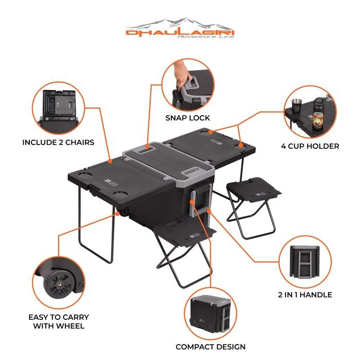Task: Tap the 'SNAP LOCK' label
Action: (187, 118)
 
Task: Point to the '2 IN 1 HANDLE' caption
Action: (305, 295)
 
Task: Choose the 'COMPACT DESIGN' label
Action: (210, 347)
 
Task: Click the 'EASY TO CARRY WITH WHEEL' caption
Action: (59, 321)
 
